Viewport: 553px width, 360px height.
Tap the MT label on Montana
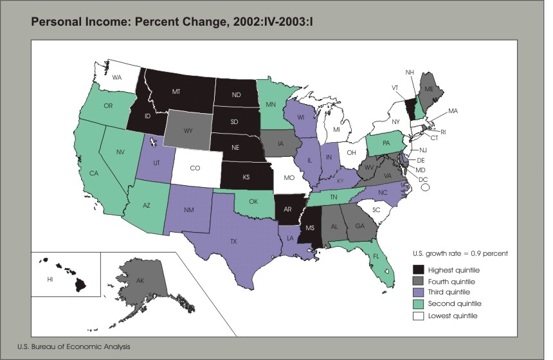coord(176,93)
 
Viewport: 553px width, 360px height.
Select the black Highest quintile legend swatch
coord(419,269)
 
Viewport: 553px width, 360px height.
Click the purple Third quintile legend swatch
coord(419,292)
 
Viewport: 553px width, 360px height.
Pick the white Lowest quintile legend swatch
coord(419,316)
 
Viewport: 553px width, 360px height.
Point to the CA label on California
coord(93,174)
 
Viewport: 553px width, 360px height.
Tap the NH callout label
coord(409,71)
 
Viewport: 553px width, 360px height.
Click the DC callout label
coord(424,179)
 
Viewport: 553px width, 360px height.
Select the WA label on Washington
coord(117,77)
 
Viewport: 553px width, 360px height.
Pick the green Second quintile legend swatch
coord(419,304)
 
